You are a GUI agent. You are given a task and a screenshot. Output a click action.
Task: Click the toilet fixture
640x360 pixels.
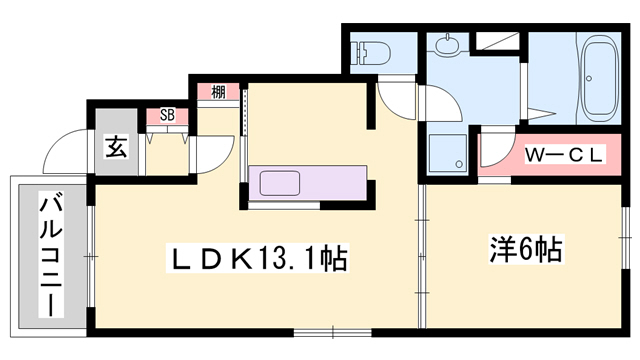371,53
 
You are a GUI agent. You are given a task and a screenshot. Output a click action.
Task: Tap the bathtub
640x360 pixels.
600,79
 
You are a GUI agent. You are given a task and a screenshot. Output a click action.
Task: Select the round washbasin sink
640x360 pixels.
447,45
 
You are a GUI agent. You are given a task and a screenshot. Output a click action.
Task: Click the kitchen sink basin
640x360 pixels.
280,183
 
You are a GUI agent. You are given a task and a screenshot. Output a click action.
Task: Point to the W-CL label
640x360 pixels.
564,155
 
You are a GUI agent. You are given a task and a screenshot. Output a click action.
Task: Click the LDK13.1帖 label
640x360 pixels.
258,258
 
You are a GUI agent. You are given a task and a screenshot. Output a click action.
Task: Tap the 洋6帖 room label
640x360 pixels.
526,248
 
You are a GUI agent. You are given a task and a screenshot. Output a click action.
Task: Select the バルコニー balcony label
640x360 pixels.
51,256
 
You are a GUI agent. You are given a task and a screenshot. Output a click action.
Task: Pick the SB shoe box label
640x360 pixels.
167,115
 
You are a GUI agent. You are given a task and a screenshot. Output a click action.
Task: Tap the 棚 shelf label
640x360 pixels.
218,92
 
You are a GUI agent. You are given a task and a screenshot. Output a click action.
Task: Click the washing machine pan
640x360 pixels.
448,153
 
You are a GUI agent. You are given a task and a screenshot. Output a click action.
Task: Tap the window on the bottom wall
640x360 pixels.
333,332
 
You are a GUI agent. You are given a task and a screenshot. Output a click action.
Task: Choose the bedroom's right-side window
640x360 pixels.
625,237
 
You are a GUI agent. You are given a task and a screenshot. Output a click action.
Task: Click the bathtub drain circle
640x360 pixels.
589,78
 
